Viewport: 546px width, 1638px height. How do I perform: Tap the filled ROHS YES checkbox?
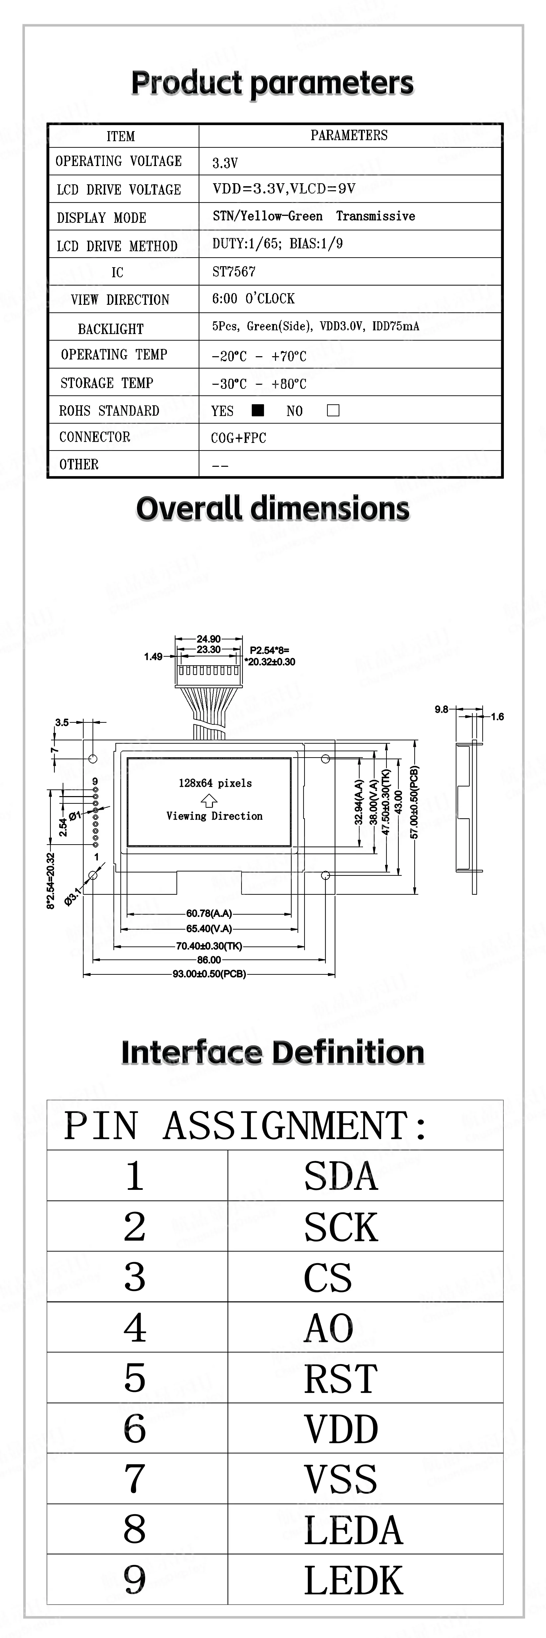coord(257,410)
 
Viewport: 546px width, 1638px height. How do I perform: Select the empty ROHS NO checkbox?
coord(333,410)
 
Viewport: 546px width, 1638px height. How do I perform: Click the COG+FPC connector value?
coord(239,438)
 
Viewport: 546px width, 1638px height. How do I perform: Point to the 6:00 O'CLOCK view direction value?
coord(254,299)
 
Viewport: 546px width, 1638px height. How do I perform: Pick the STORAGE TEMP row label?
coord(107,383)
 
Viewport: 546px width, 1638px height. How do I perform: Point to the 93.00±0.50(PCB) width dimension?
coord(209,973)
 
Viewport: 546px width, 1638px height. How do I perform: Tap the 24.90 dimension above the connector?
coord(209,638)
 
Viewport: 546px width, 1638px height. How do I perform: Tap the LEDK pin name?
coord(353,1580)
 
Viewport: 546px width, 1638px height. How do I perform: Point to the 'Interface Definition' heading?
coord(273,1052)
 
